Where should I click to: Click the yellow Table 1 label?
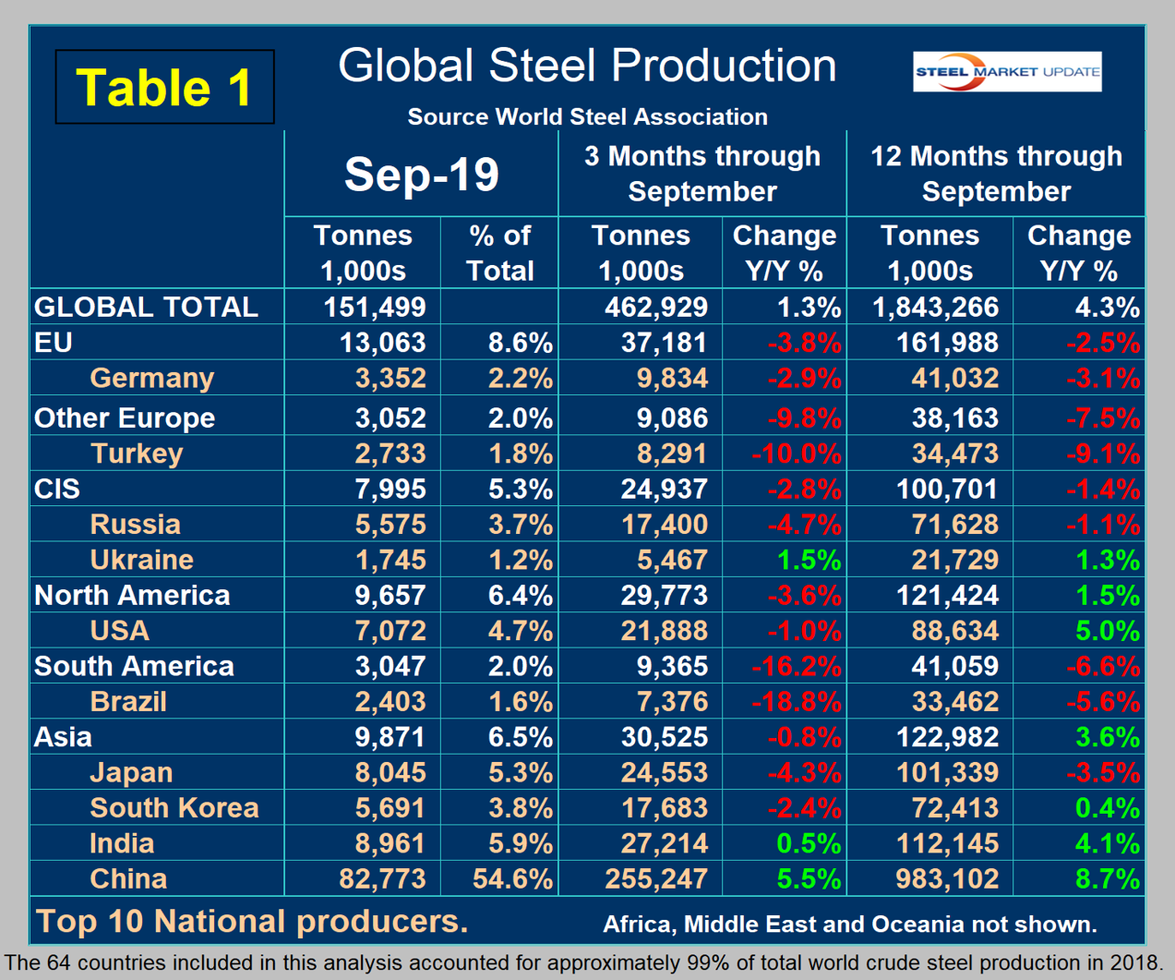[x=164, y=88]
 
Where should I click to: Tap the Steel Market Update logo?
[x=1007, y=72]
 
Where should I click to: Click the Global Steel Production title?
[x=587, y=67]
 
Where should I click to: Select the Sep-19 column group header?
[x=422, y=174]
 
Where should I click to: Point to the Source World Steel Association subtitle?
[x=587, y=117]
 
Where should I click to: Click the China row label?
[x=128, y=878]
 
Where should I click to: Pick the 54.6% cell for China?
[x=512, y=878]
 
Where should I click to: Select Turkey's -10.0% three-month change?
[x=796, y=454]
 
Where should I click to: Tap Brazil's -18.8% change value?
[x=796, y=702]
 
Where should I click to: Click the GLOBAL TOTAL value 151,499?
[x=375, y=307]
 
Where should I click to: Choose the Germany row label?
[x=152, y=378]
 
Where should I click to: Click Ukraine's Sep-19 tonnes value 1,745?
[x=390, y=560]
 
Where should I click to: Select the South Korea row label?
[x=174, y=808]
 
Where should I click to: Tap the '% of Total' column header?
[x=500, y=253]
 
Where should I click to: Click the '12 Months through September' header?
[x=996, y=174]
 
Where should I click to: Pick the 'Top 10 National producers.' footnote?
[x=252, y=921]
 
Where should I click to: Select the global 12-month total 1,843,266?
[x=935, y=307]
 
